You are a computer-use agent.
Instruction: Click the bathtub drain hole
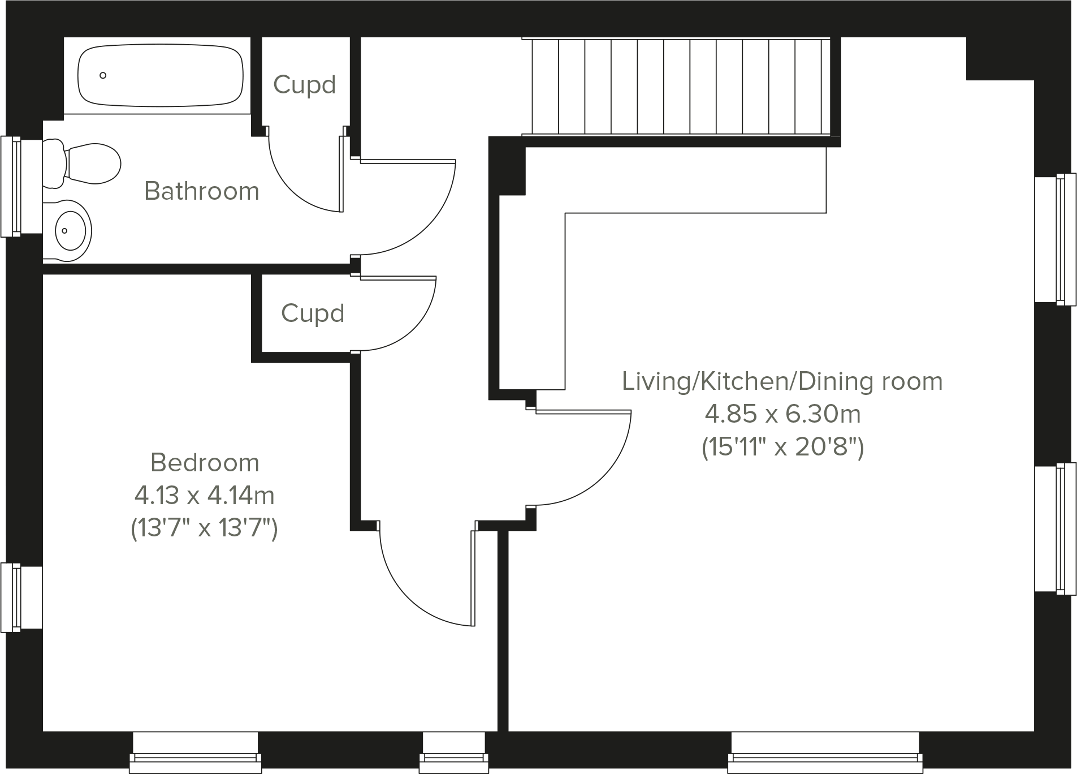103,75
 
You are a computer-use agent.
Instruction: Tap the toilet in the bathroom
85,164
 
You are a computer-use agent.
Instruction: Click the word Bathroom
202,191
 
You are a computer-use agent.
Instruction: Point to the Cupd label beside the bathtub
304,85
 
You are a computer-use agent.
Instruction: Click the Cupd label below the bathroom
312,313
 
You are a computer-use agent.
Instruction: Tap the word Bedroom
205,462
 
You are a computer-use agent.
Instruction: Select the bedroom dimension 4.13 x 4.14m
204,496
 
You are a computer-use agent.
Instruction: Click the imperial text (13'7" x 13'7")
204,528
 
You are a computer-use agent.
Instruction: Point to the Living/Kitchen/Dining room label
782,381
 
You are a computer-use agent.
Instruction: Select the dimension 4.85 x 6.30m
782,414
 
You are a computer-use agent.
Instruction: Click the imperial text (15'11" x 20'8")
782,448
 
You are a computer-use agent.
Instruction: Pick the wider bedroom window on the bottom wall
196,752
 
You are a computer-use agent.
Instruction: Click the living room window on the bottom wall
825,752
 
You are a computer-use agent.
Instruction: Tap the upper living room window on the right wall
1055,239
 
